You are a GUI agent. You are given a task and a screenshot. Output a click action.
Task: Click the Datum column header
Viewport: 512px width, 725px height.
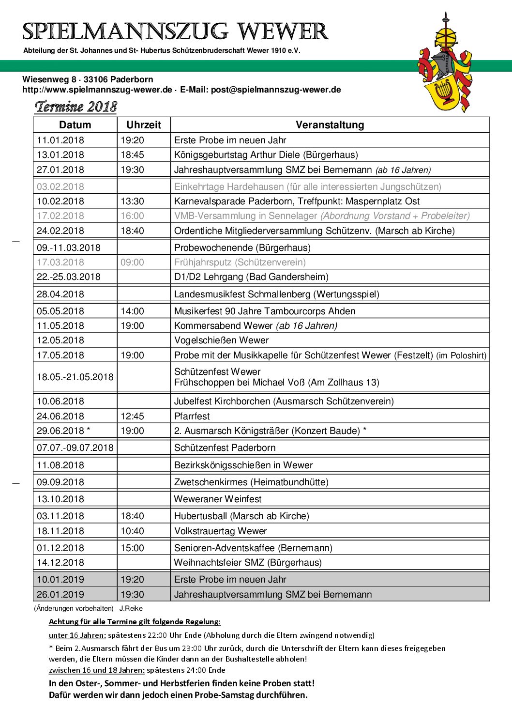pyautogui.click(x=75, y=125)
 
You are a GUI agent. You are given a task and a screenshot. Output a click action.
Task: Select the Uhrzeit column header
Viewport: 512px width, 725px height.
pyautogui.click(x=143, y=125)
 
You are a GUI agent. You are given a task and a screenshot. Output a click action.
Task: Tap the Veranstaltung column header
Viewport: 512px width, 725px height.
pyautogui.click(x=330, y=125)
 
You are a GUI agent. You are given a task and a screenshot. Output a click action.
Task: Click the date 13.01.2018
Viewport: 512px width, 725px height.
pyautogui.click(x=60, y=155)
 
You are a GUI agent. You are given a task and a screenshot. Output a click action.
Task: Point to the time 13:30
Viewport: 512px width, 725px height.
pyautogui.click(x=132, y=201)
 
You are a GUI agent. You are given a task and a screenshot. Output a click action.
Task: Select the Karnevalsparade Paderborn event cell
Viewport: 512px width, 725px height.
pyautogui.click(x=297, y=201)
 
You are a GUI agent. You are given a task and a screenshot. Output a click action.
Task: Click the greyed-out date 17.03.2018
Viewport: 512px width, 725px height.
pyautogui.click(x=60, y=262)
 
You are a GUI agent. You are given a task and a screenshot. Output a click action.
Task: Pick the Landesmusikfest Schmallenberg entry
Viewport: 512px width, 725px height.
pyautogui.click(x=276, y=294)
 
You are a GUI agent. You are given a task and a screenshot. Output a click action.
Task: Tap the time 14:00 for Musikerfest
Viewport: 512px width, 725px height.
pyautogui.click(x=132, y=311)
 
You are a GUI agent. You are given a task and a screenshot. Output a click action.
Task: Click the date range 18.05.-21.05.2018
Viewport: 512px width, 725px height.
pyautogui.click(x=75, y=377)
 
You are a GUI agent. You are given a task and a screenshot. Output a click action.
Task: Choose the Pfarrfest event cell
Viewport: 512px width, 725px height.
pyautogui.click(x=192, y=416)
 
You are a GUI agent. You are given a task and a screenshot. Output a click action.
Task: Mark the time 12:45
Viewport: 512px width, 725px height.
pyautogui.click(x=132, y=416)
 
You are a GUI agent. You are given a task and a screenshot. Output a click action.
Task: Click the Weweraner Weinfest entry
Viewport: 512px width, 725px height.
pyautogui.click(x=218, y=499)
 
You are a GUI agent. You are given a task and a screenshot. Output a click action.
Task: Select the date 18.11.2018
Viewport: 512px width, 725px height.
pyautogui.click(x=60, y=531)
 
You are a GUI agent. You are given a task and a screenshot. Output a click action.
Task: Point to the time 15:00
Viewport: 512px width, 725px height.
pyautogui.click(x=132, y=548)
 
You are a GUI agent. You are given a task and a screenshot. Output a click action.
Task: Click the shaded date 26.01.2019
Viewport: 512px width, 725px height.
pyautogui.click(x=60, y=595)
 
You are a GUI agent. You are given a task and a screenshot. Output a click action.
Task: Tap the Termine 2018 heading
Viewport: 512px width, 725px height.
pyautogui.click(x=76, y=107)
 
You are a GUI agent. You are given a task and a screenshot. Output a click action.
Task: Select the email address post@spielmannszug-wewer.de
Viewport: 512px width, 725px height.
pyautogui.click(x=276, y=90)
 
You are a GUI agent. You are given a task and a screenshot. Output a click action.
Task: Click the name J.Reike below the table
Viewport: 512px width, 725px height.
pyautogui.click(x=131, y=609)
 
